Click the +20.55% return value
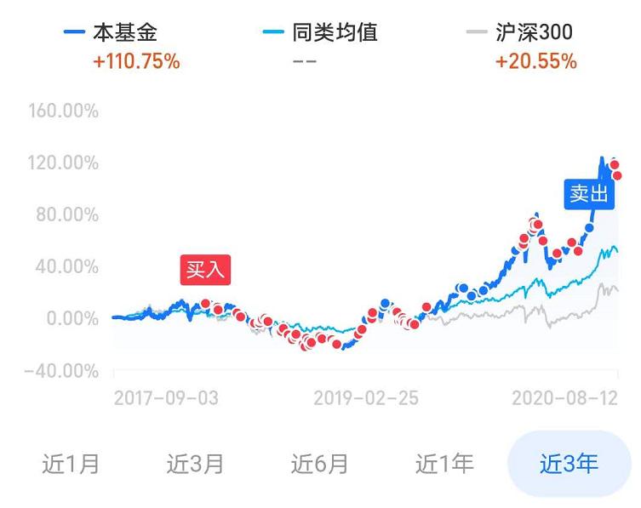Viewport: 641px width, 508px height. (x=535, y=62)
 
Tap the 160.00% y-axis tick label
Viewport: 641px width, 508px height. (x=63, y=111)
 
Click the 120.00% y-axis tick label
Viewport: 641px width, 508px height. (x=63, y=163)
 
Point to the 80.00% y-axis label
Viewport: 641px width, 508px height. (x=68, y=214)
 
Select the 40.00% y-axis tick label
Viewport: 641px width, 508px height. (x=68, y=266)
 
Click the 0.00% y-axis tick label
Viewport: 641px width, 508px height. (x=73, y=318)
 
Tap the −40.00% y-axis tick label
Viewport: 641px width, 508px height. (x=61, y=371)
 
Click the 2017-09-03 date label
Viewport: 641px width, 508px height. (x=165, y=398)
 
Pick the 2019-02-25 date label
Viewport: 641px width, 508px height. (x=366, y=398)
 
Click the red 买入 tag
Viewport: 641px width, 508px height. (x=205, y=270)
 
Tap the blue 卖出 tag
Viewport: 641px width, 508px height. (x=588, y=194)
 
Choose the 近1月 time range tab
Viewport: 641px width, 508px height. (x=71, y=464)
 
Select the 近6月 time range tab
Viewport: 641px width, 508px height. (x=319, y=464)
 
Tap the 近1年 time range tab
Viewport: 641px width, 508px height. (x=444, y=464)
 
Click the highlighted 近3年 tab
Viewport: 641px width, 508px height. (x=569, y=464)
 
